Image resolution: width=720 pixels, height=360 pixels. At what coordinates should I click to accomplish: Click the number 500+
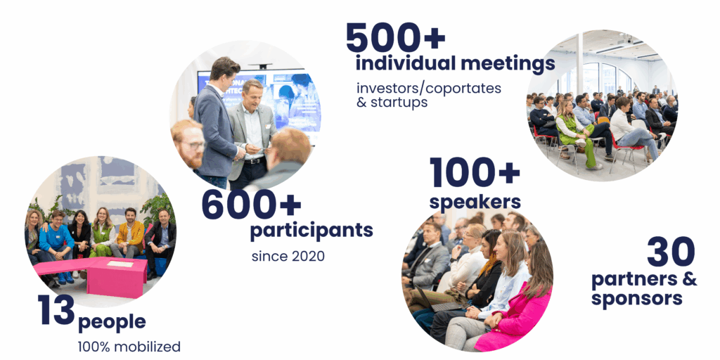click(x=395, y=38)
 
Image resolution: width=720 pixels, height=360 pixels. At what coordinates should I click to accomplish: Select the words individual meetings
click(x=455, y=64)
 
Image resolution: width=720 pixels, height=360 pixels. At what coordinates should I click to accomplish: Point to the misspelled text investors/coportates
click(x=428, y=88)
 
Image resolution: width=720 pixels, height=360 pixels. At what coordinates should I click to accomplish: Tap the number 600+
click(x=251, y=205)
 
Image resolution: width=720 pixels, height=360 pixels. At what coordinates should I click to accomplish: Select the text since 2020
click(x=288, y=256)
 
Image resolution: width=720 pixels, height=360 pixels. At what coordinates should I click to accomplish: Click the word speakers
click(x=475, y=202)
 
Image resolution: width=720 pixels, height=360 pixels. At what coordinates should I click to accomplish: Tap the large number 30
click(x=671, y=252)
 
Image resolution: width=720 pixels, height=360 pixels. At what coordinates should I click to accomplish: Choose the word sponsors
click(x=636, y=298)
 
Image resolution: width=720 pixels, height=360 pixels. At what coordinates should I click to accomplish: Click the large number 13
click(x=56, y=310)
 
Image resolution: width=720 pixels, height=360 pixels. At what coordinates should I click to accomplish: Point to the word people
click(x=112, y=322)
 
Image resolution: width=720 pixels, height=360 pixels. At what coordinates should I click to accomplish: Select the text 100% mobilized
click(x=129, y=347)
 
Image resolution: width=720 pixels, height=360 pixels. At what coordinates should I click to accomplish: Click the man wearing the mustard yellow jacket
click(x=128, y=233)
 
